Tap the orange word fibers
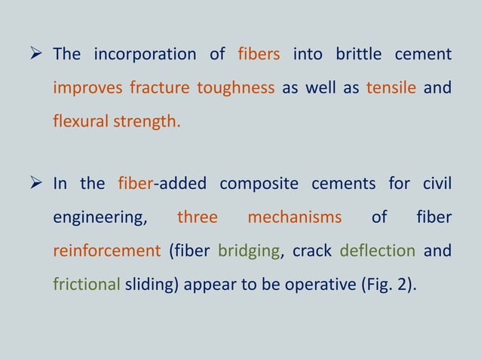(x=259, y=55)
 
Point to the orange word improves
(x=87, y=89)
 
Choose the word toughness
(x=235, y=89)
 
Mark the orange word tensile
(x=391, y=88)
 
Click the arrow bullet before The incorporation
(x=39, y=55)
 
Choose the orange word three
(x=198, y=218)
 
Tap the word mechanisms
(x=295, y=218)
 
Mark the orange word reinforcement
(x=106, y=251)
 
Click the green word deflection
(x=378, y=251)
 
